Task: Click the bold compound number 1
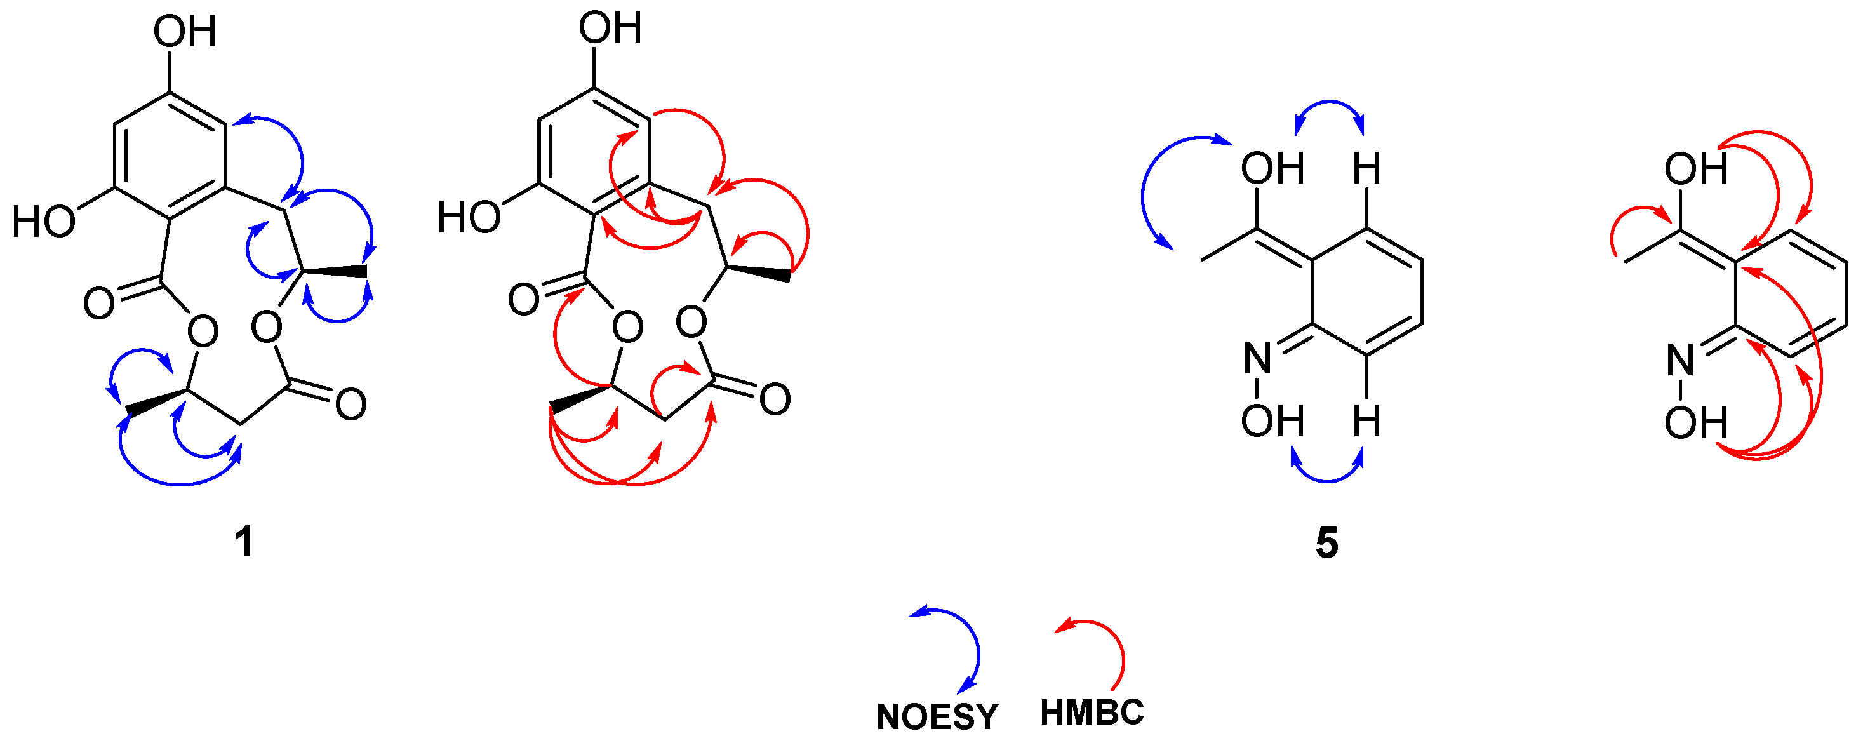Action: [x=244, y=542]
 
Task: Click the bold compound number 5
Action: [x=1326, y=542]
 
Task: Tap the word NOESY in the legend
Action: [x=937, y=717]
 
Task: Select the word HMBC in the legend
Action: [x=1092, y=713]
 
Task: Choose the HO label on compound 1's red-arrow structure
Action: [x=469, y=217]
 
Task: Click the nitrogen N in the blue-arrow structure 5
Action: [x=1258, y=358]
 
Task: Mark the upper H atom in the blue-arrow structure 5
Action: [x=1367, y=168]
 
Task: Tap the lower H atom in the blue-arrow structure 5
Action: [x=1367, y=421]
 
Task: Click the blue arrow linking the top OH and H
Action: [x=1329, y=104]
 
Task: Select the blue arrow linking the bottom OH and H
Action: [x=1328, y=478]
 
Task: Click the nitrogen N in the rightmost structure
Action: [x=1681, y=359]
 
